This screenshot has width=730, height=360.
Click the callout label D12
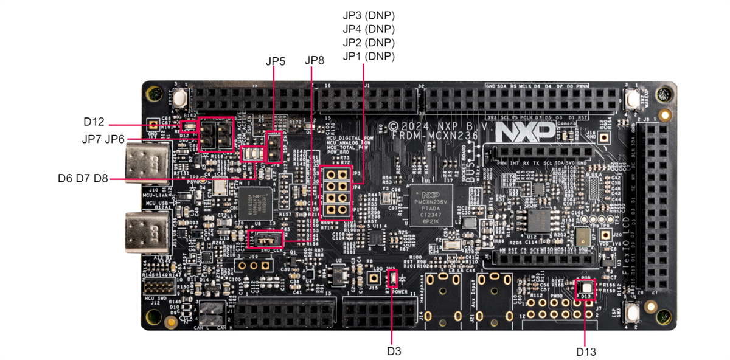[94, 122]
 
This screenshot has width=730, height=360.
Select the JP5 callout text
[275, 61]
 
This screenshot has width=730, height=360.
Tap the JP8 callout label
[315, 61]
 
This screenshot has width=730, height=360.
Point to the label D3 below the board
[394, 351]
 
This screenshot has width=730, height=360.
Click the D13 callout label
[586, 351]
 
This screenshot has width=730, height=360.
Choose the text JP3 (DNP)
[369, 16]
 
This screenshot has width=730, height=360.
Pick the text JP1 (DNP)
[369, 56]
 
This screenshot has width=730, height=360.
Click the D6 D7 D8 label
[83, 178]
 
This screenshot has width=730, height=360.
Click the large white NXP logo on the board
[524, 130]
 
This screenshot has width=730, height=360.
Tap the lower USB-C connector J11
[147, 232]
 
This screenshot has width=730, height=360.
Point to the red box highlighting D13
[585, 288]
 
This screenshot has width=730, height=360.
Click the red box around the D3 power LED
[392, 279]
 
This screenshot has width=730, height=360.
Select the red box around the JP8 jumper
[266, 239]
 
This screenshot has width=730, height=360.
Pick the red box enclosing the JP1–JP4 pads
[333, 192]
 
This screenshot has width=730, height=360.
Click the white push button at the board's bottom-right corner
[631, 313]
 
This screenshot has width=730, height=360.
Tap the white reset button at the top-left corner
[180, 97]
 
